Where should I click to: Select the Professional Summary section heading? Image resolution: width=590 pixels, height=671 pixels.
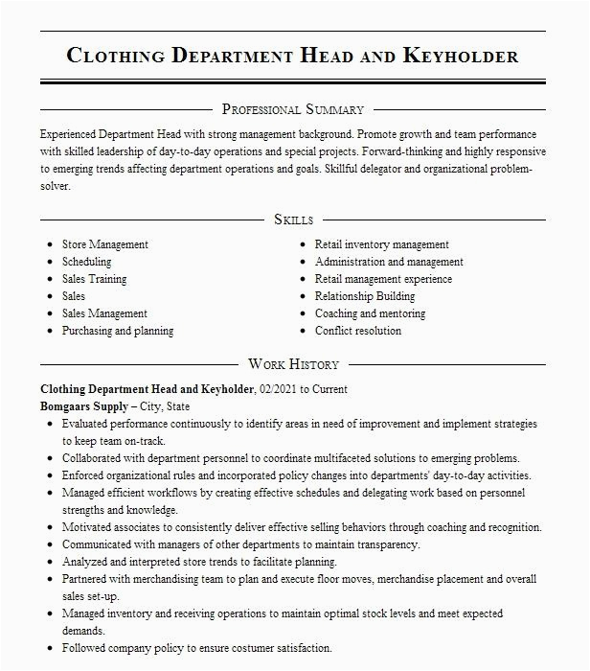click(293, 109)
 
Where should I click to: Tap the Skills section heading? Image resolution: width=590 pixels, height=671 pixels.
click(293, 220)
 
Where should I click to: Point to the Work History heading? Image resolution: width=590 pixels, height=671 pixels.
click(293, 364)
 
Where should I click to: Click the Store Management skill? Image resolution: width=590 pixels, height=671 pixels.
click(104, 244)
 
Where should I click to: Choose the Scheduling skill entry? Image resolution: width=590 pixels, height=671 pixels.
click(86, 262)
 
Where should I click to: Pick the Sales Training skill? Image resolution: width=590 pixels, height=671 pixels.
click(94, 279)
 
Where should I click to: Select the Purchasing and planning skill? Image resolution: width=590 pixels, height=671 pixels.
click(118, 331)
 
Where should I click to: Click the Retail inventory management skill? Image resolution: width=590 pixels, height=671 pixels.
click(381, 244)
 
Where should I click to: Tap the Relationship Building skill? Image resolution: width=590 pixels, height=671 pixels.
click(365, 296)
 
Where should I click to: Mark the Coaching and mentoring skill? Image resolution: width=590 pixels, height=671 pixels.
click(370, 313)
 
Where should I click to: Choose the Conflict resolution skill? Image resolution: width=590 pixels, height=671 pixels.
click(358, 331)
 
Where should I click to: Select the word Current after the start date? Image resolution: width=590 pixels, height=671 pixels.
click(328, 389)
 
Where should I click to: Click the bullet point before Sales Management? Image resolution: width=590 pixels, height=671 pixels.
click(49, 313)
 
